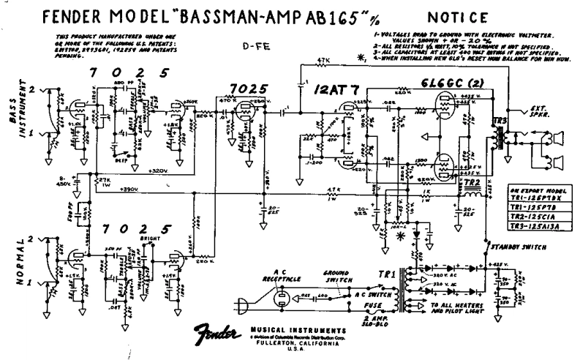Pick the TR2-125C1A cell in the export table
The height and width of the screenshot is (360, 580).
540,216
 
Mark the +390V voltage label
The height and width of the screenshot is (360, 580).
129,189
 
